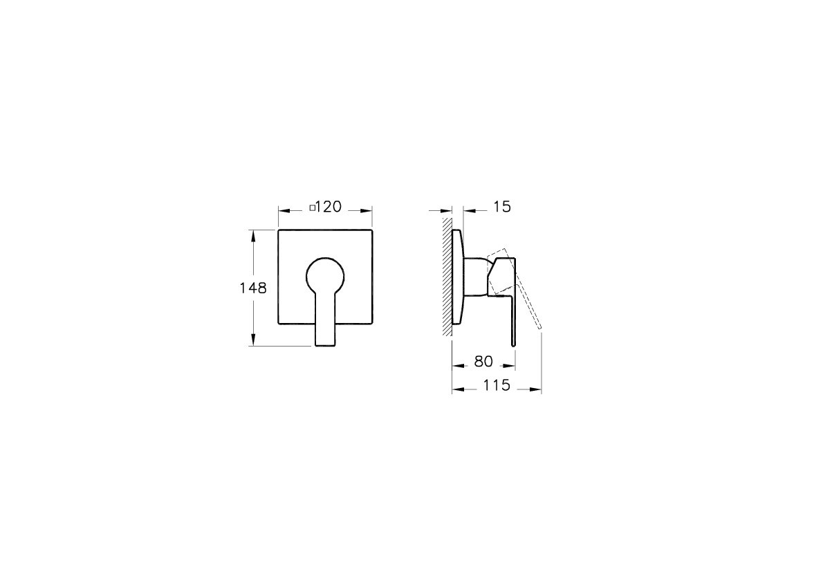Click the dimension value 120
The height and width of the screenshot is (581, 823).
[329, 207]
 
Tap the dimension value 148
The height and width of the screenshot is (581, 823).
[253, 288]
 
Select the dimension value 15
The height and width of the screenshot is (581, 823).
[502, 207]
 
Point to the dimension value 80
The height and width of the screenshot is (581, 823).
[483, 362]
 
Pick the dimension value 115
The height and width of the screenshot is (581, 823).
[497, 385]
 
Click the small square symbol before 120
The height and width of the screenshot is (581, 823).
[313, 207]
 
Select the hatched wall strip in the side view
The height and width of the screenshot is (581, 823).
[447, 275]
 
